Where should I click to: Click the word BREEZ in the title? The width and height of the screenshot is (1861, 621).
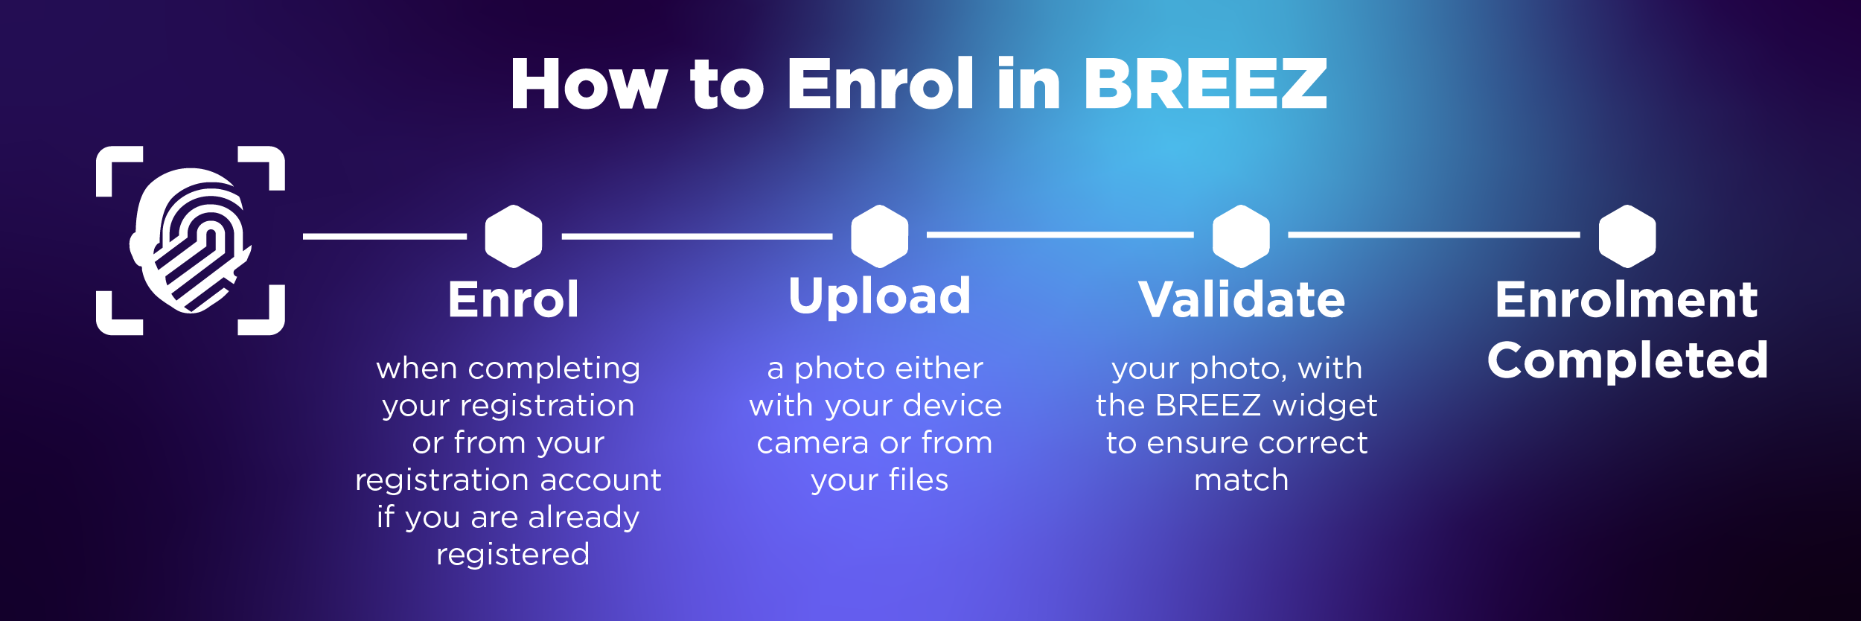click(1205, 83)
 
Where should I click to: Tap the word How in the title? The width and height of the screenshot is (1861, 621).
click(589, 83)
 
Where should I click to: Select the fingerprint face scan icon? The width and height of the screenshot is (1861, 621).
click(191, 241)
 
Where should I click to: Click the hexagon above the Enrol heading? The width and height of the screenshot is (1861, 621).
click(514, 236)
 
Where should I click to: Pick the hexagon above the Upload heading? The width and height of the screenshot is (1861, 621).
click(880, 236)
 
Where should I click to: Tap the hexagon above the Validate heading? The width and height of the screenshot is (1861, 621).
click(1241, 236)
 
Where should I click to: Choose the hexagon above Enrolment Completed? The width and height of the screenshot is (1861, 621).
click(1627, 236)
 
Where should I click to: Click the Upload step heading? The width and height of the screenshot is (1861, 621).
click(880, 297)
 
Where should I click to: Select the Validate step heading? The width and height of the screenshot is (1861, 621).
click(1242, 299)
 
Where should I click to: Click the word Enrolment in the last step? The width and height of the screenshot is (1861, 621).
click(1627, 299)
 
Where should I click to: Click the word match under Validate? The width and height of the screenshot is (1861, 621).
click(1241, 480)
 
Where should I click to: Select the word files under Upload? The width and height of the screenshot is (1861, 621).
click(919, 480)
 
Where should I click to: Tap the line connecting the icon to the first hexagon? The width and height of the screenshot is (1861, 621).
click(385, 236)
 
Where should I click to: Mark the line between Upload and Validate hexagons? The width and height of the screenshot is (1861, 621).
click(1060, 235)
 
